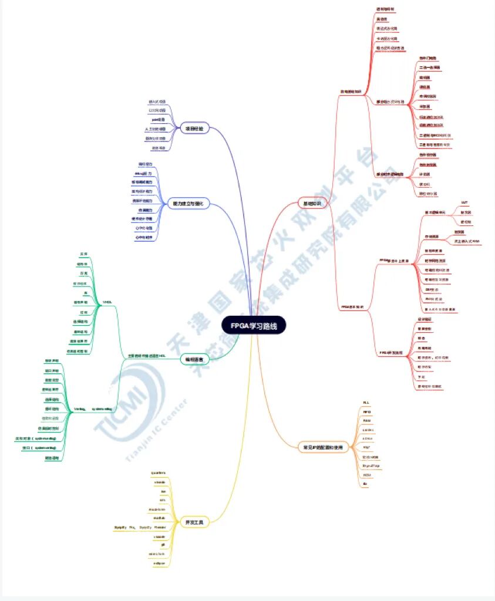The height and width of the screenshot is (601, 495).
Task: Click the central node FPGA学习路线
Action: click(254, 325)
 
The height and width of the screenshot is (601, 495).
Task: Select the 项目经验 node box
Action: click(194, 129)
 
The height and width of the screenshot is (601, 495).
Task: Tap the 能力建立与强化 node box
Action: click(187, 203)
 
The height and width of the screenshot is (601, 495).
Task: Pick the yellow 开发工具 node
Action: click(194, 522)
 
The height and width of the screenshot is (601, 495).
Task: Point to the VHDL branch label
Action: click(107, 302)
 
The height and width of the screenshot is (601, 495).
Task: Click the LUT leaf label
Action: click(464, 202)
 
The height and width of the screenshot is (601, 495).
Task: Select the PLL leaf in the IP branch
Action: click(366, 403)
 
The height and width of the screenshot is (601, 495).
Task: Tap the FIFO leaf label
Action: click(367, 413)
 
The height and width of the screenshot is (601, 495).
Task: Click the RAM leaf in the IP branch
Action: click(367, 421)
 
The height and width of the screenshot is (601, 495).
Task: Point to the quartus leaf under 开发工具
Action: click(159, 472)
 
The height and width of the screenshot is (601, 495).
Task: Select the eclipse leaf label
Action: click(159, 563)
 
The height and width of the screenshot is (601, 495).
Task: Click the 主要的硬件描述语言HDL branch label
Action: click(146, 356)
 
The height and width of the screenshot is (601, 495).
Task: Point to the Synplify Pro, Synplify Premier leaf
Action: click(136, 528)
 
